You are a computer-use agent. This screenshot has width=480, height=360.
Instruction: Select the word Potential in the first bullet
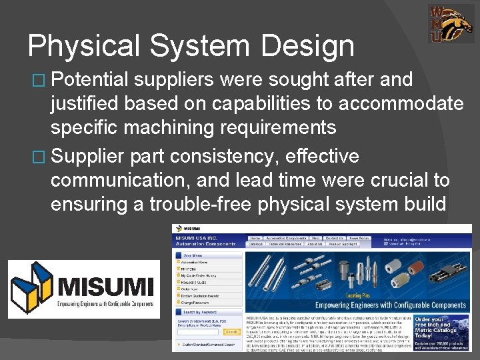89,80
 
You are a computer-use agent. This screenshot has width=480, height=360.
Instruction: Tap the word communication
125,181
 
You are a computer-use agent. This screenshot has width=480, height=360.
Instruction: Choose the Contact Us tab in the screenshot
335,238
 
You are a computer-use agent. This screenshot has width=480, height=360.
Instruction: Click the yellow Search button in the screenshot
231,331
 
